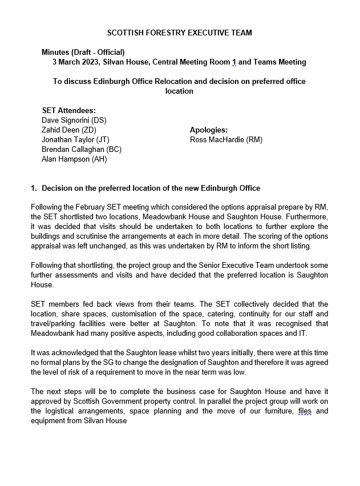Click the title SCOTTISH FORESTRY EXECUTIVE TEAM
[180, 33]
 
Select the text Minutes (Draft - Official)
[83, 52]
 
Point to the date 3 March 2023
[76, 62]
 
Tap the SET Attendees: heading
[69, 110]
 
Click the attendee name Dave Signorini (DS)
[74, 120]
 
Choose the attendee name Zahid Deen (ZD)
[69, 130]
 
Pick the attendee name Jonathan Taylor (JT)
[75, 139]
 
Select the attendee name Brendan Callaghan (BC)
[82, 149]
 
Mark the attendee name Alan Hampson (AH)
[74, 159]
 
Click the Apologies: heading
[209, 130]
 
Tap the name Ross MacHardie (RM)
[226, 139]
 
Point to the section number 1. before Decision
[34, 188]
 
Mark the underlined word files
[306, 411]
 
